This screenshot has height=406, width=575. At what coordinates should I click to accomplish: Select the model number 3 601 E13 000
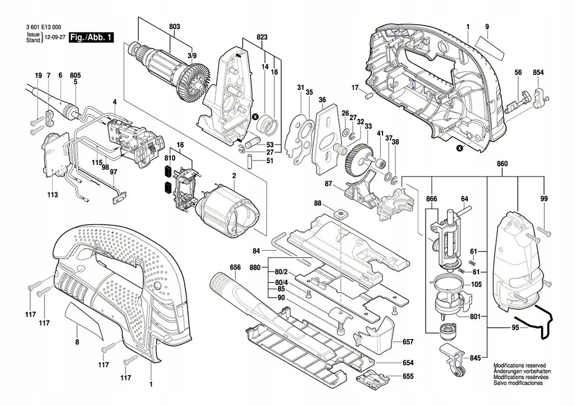pos(44,27)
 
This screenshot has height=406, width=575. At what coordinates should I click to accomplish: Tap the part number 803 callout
pos(174,26)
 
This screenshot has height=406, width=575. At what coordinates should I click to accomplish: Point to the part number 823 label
pos(262,38)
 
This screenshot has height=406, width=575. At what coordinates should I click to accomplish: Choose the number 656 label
pos(235,267)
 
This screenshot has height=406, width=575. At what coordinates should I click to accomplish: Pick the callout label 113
pos(52,195)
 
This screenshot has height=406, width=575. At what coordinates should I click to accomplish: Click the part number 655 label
pos(408,377)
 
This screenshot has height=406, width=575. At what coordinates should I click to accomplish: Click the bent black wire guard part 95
pos(536,322)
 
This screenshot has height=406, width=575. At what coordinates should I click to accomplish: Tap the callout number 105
pos(476,284)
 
